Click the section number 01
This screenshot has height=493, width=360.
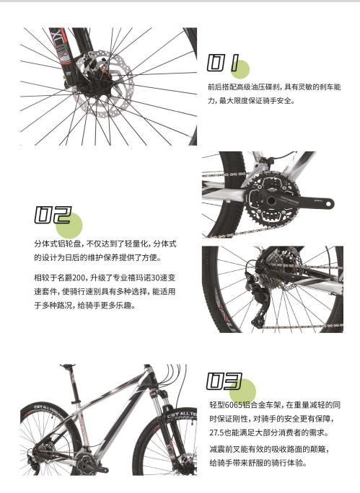click(223, 64)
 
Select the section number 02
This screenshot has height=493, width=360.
click(53, 216)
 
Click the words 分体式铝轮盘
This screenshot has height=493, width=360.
click(58, 244)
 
